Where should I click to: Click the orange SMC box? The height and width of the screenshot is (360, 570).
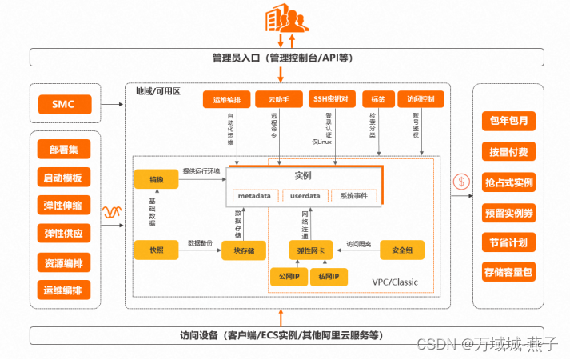tap(64, 104)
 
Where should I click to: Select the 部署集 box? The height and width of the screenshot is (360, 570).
tap(64, 150)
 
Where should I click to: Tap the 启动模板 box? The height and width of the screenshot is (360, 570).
tap(64, 178)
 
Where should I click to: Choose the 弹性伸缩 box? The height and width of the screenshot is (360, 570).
tap(64, 206)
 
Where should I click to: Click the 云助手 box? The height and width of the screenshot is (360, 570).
tap(273, 100)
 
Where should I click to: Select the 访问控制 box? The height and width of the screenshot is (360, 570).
tap(421, 100)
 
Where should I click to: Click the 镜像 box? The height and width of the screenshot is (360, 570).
tap(155, 181)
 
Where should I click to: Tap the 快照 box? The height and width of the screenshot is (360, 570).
tap(155, 250)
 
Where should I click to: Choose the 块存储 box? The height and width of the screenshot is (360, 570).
tap(244, 250)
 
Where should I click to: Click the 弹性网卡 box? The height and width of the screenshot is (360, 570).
tap(309, 250)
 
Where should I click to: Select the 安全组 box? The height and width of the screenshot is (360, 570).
tap(402, 250)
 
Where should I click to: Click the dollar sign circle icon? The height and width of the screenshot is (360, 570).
tap(460, 182)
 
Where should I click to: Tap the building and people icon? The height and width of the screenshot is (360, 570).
tap(284, 18)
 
